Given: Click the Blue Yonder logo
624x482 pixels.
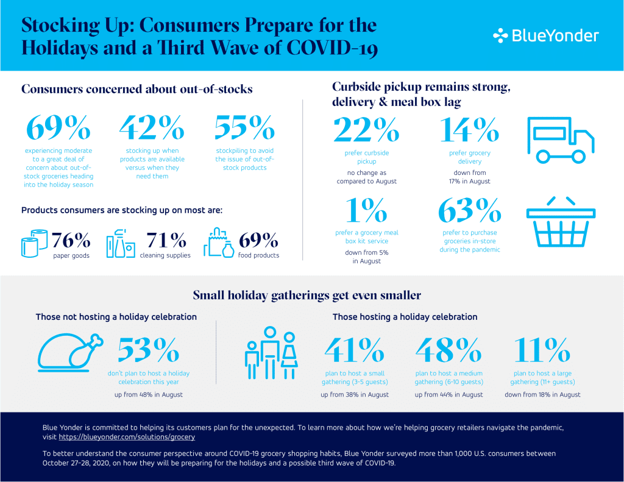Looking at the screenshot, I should coord(545,35).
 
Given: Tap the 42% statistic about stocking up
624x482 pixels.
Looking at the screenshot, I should coord(151,127).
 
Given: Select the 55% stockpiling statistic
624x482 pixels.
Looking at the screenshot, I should coord(244,127).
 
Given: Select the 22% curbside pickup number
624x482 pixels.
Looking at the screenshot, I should coord(366,129).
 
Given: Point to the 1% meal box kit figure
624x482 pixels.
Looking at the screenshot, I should coord(366,210).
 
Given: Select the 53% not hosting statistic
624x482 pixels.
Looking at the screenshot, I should coord(148,350).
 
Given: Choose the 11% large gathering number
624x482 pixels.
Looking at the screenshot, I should coord(542,350).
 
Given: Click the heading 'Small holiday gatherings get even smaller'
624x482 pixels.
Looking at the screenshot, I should coord(307,296).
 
